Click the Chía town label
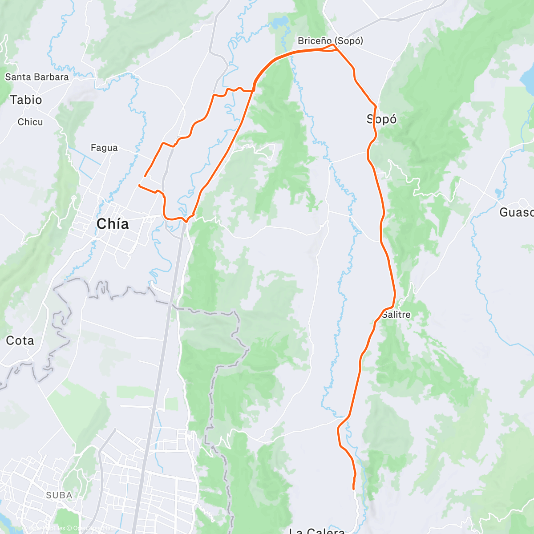(x=113, y=224)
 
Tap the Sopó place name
(x=381, y=119)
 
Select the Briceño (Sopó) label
(x=330, y=41)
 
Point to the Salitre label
(x=396, y=315)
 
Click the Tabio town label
(x=26, y=100)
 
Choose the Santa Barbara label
(x=37, y=77)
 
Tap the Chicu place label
(x=30, y=122)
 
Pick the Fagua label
(x=104, y=148)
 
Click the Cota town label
(x=20, y=341)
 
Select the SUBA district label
(x=59, y=495)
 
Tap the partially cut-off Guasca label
(x=516, y=212)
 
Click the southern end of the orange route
(x=353, y=489)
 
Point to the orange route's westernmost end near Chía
(x=139, y=185)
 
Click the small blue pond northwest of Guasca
(x=498, y=193)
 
